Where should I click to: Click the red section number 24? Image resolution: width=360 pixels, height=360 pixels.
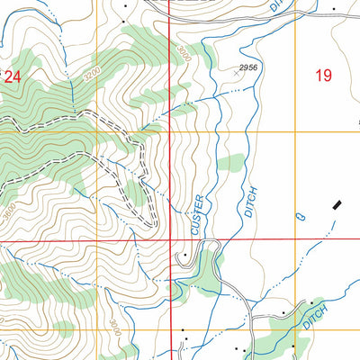tap(12, 77)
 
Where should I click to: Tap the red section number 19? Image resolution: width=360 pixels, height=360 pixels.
tap(324, 76)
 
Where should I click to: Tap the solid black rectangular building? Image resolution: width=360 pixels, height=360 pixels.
tap(337, 206)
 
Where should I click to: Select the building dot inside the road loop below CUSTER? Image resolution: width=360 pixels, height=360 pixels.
tap(185, 255)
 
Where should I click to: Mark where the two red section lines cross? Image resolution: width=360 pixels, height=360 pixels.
tap(170, 241)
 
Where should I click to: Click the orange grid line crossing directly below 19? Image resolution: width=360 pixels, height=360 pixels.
tap(324, 132)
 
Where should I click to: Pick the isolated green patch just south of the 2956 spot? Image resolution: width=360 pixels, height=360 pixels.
tap(231, 163)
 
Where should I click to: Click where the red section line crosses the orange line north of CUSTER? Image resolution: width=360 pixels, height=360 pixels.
tap(170, 132)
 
